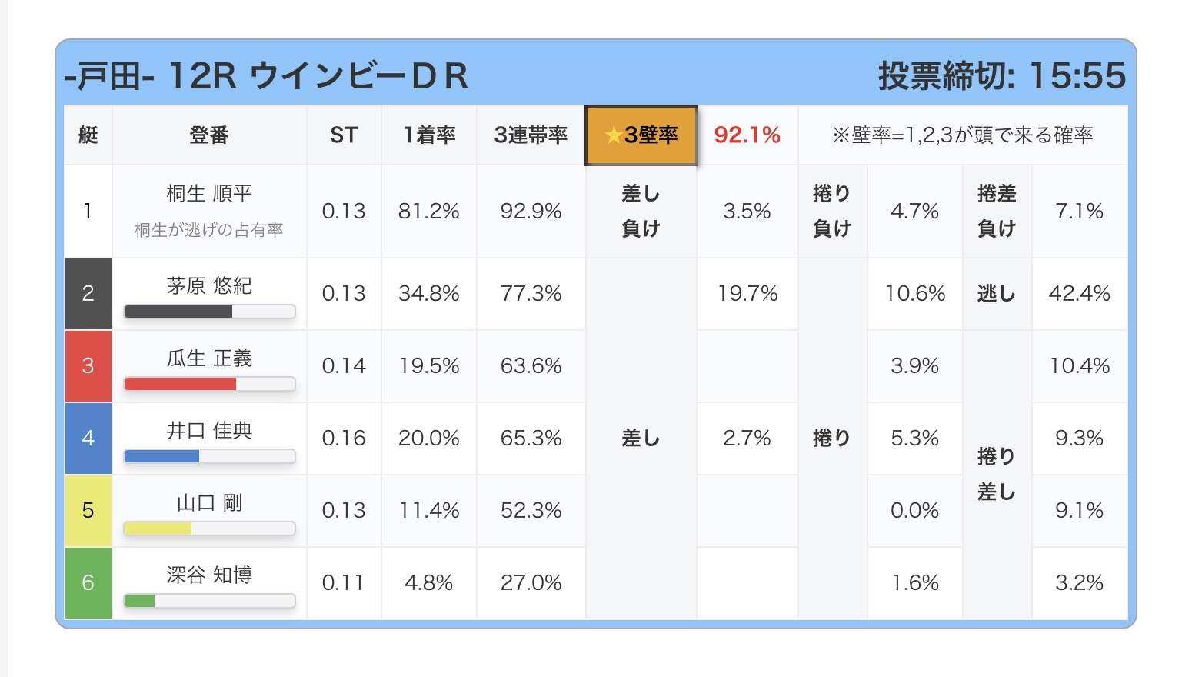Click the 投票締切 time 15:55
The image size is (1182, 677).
pyautogui.click(x=1077, y=75)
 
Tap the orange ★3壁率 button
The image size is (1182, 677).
pyautogui.click(x=641, y=135)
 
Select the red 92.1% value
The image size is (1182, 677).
pyautogui.click(x=747, y=135)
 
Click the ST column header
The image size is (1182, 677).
pyautogui.click(x=344, y=135)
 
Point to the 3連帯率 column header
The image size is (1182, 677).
pyautogui.click(x=531, y=135)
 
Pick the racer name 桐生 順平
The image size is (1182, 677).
pyautogui.click(x=209, y=194)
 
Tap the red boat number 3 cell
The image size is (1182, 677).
pyautogui.click(x=88, y=365)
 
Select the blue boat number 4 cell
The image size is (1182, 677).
pyautogui.click(x=88, y=438)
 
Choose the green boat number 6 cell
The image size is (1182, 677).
pyautogui.click(x=88, y=582)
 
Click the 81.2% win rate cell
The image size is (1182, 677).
pyautogui.click(x=428, y=212)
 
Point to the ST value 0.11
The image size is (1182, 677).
pyautogui.click(x=344, y=582)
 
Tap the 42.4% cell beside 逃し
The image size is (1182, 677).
pyautogui.click(x=1079, y=293)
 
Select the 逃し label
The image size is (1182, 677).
pyautogui.click(x=996, y=293)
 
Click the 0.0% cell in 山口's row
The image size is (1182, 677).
pyautogui.click(x=914, y=510)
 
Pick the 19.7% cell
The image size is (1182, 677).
pyautogui.click(x=747, y=293)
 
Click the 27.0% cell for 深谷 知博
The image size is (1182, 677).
pyautogui.click(x=531, y=582)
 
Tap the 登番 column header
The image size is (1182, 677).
pyautogui.click(x=209, y=135)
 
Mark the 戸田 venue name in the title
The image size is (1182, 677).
pyautogui.click(x=108, y=77)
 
